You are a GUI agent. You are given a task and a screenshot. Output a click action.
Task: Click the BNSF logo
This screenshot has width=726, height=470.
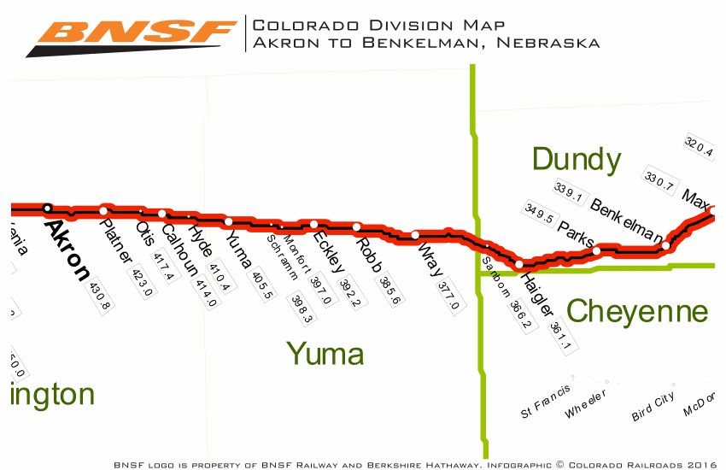click(x=132, y=36)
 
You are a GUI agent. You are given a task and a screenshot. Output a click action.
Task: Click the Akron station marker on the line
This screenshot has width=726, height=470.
click(x=48, y=208)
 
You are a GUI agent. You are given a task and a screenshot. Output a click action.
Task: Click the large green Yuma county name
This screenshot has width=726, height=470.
click(x=325, y=353)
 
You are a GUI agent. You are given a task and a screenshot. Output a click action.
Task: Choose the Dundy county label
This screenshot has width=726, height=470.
click(x=576, y=159)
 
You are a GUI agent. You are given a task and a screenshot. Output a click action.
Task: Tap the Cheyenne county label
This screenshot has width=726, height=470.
click(x=637, y=312)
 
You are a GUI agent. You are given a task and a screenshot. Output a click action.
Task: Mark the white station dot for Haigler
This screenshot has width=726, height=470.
click(x=519, y=264)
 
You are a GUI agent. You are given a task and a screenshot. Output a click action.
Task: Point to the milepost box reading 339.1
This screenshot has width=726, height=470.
click(x=568, y=194)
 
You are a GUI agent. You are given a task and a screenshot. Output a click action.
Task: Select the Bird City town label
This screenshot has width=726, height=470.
click(x=653, y=408)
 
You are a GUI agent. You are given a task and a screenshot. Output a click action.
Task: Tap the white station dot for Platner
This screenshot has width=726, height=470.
click(x=104, y=210)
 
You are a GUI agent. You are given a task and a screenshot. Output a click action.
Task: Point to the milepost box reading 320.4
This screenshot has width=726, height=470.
click(x=699, y=148)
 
